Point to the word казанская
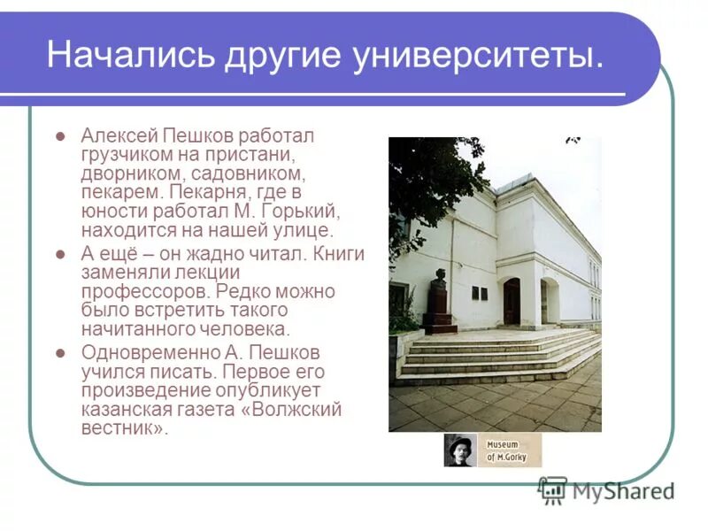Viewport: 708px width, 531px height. [121, 409]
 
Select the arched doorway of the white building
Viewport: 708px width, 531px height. [512, 301]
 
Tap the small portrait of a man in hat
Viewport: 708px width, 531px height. [460, 450]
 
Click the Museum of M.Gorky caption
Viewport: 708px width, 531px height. [509, 450]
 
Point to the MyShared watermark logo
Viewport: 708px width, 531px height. [605, 489]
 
